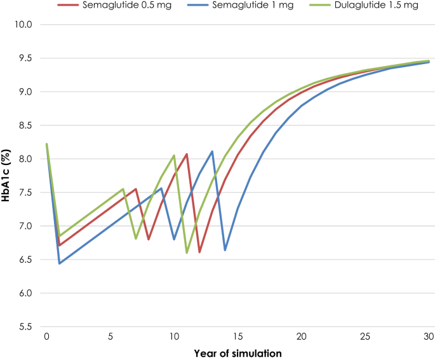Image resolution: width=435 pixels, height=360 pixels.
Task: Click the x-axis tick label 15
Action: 238,336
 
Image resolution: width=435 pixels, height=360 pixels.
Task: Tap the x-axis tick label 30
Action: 429,336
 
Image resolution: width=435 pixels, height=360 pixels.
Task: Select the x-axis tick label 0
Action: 46,336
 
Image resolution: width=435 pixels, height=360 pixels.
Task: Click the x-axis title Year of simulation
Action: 238,352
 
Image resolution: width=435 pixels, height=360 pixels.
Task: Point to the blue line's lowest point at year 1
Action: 59,263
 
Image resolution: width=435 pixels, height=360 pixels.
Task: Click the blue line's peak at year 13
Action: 212,151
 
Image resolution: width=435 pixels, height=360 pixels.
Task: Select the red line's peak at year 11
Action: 187,154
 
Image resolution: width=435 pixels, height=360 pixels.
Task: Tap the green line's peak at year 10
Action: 174,155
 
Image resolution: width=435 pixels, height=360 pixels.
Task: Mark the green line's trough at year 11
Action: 187,253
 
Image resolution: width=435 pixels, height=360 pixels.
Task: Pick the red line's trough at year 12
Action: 199,252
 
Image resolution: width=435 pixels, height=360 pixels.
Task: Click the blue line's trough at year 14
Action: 225,250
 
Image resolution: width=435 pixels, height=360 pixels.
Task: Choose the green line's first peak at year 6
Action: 123,189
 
